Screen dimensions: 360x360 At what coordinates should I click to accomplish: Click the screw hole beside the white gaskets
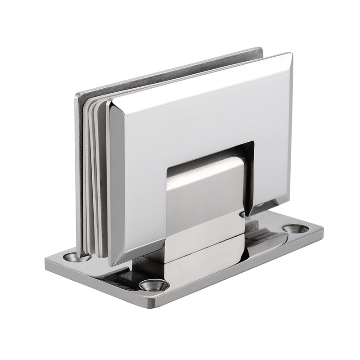point(71,257)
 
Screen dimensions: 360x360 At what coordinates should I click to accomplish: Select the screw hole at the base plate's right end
point(296,229)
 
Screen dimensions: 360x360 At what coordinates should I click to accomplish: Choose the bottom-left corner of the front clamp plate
point(113,264)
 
